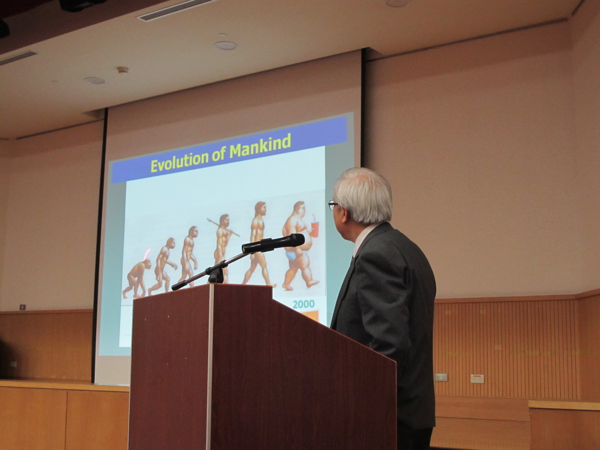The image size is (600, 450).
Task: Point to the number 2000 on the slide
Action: tap(303, 304)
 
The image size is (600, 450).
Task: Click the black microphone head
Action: tap(273, 243)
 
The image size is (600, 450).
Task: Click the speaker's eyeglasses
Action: tap(333, 205)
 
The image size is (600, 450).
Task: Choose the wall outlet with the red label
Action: tap(477, 379)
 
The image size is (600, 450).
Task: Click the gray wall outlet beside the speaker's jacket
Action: tap(441, 377)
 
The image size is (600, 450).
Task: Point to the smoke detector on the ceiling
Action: tap(123, 70)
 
